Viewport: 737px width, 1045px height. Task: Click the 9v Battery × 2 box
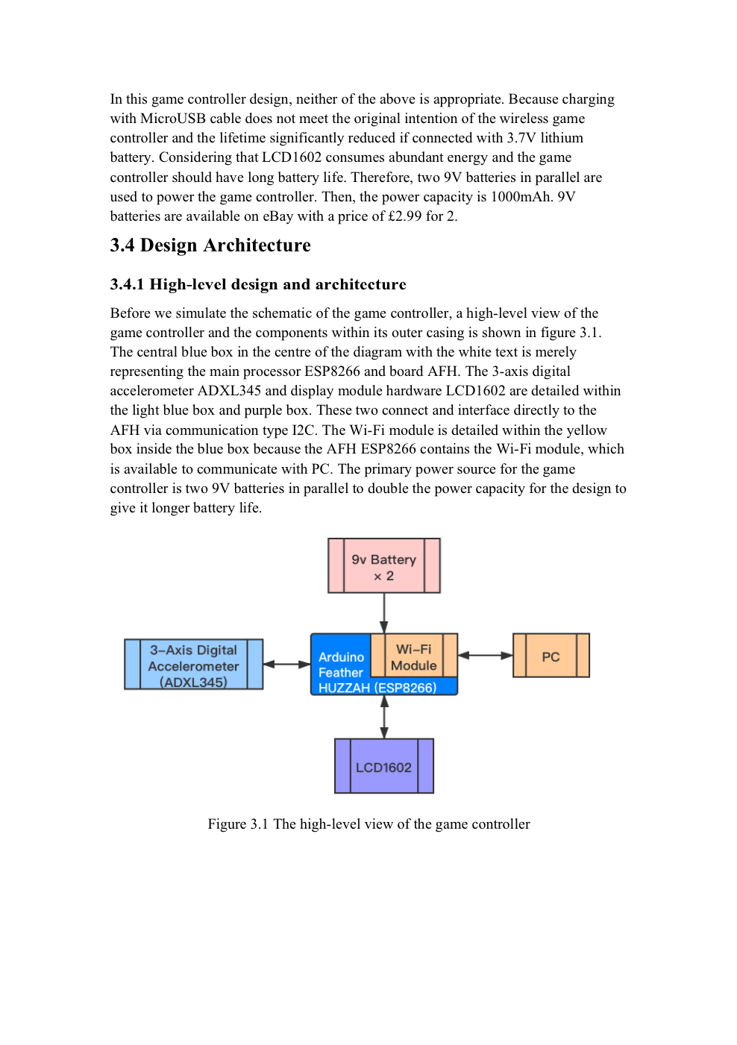(x=383, y=566)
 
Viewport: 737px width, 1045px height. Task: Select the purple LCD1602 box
(x=383, y=766)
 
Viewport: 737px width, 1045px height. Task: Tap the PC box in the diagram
(x=551, y=656)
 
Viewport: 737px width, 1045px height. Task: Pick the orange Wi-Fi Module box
(x=414, y=656)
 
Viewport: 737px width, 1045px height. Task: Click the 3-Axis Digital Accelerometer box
(x=193, y=664)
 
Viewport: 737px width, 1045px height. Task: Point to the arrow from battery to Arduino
(x=384, y=613)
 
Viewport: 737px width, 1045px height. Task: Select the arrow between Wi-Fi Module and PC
(x=485, y=656)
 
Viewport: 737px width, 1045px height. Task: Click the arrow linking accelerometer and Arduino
(x=286, y=664)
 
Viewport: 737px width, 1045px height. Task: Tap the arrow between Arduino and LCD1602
(x=384, y=717)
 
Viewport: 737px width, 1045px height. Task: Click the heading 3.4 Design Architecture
(x=210, y=245)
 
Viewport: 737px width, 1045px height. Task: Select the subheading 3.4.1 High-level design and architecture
(x=258, y=284)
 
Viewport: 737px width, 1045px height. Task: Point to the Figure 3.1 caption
(x=368, y=824)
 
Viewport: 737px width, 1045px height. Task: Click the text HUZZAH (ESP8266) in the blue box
(x=377, y=688)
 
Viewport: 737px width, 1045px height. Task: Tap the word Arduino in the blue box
(x=341, y=657)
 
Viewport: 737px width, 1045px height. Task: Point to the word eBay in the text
(x=277, y=216)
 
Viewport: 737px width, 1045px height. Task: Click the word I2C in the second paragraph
(x=305, y=430)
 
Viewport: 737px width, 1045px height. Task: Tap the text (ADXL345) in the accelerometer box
(x=193, y=682)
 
